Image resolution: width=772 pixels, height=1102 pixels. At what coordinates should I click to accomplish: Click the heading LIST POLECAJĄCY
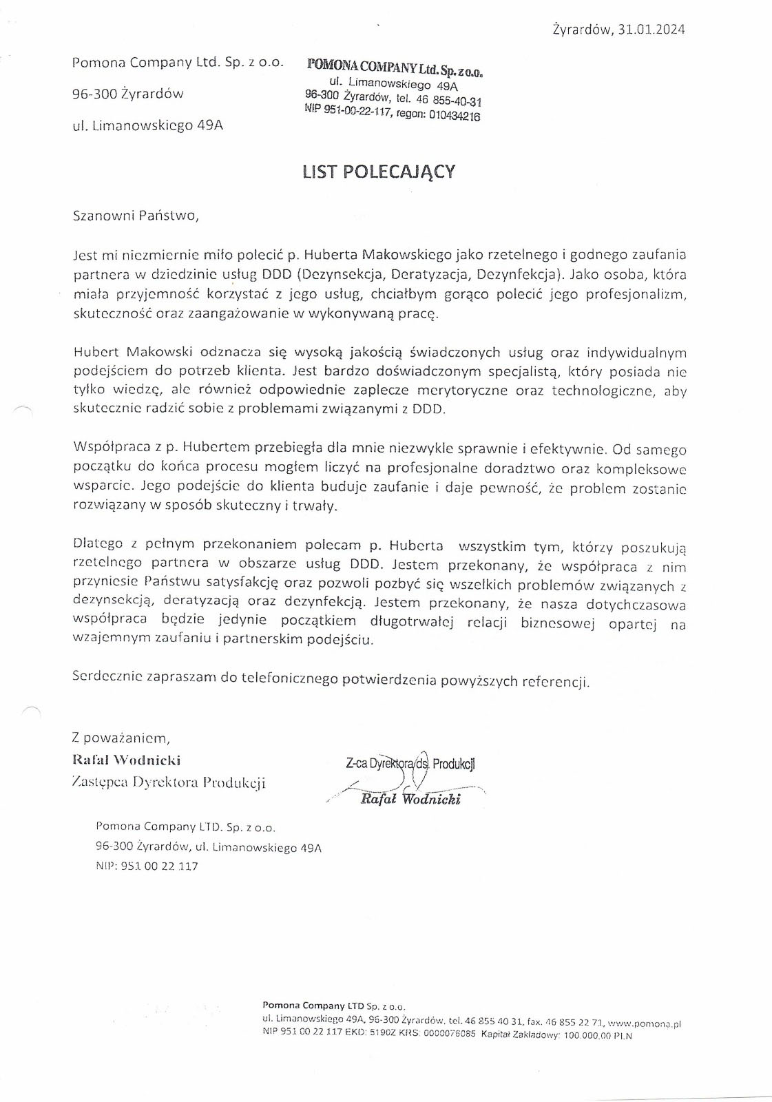pos(379,171)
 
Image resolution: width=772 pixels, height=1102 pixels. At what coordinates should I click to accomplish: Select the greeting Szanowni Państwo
pos(136,216)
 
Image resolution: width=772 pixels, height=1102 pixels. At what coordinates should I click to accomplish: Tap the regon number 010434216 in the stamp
pos(455,116)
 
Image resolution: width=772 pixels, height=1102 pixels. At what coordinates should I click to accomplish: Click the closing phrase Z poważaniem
pos(121,738)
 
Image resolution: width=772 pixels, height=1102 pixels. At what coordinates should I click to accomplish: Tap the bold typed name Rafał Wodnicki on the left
pos(127,760)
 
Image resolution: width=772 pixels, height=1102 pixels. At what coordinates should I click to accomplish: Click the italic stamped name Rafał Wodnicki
pos(410,799)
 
